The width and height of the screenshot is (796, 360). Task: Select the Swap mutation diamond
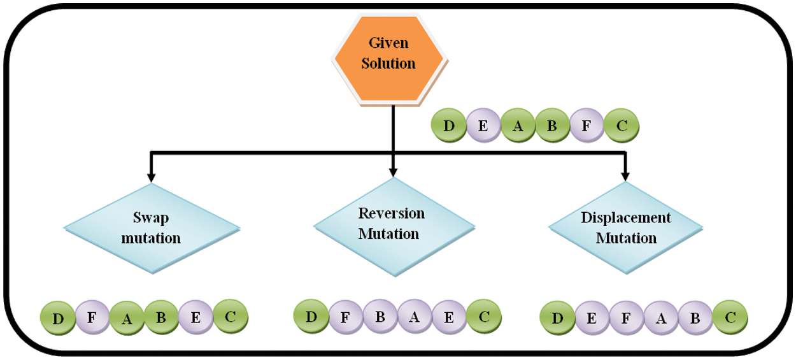(x=152, y=227)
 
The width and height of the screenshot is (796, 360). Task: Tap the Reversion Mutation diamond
(x=393, y=223)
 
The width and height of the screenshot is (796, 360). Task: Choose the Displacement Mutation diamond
(x=625, y=227)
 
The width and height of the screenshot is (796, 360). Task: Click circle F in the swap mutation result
(x=92, y=317)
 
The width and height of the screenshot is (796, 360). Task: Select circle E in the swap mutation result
(x=195, y=317)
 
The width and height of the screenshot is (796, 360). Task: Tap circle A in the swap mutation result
(x=127, y=317)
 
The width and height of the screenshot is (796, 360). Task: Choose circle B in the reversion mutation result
(x=380, y=316)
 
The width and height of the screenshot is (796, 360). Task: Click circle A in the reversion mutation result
(x=415, y=316)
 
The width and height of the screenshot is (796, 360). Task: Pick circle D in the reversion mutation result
(x=311, y=316)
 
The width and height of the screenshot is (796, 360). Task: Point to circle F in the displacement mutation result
(x=626, y=318)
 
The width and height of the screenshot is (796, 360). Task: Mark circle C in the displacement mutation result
(x=730, y=318)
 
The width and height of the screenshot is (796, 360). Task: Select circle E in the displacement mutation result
(x=592, y=318)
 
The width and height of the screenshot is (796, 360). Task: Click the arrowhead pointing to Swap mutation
(x=151, y=176)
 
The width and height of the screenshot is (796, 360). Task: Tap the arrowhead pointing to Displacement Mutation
(x=625, y=175)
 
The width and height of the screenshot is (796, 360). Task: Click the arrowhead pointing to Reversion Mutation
(x=393, y=172)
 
